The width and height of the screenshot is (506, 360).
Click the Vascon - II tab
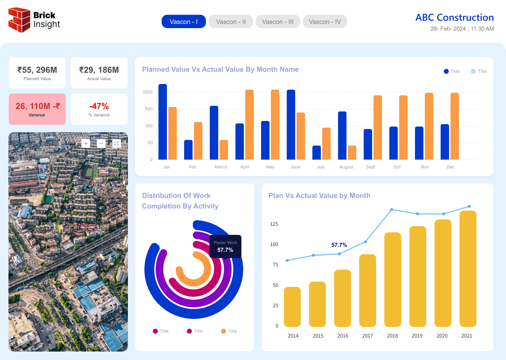(231, 21)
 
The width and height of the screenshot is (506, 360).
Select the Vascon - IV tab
(325, 21)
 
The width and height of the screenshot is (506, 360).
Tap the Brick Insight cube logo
(19, 20)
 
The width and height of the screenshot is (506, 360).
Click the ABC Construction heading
(454, 17)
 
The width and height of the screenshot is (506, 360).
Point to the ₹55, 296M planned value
(37, 70)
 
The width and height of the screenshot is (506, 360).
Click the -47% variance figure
(99, 106)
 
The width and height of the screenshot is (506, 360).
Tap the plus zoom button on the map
(86, 143)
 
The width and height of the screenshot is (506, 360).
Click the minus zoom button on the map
(101, 143)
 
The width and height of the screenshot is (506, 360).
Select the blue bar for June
(291, 124)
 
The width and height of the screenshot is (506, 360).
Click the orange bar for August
(352, 153)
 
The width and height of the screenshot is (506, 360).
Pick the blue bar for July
(317, 153)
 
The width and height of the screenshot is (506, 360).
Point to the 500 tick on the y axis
(149, 109)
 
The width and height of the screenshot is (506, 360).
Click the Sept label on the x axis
(370, 167)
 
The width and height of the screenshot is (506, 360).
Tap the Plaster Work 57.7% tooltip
(226, 246)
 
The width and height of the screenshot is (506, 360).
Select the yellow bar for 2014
(292, 307)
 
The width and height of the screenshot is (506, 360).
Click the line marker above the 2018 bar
(391, 210)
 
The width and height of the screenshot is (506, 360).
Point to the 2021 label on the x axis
(467, 336)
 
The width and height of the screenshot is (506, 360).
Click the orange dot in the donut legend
(223, 331)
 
